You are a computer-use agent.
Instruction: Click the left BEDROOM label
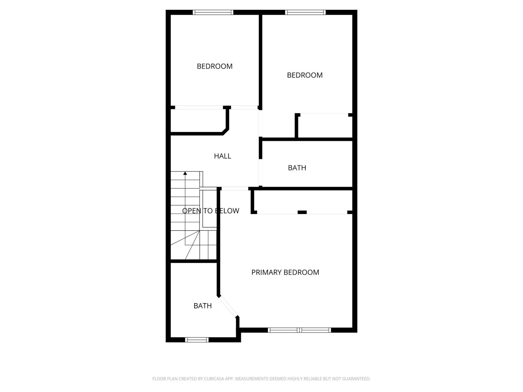coord(214,66)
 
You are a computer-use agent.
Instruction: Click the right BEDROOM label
coord(305,75)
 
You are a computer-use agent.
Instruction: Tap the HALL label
coord(222,156)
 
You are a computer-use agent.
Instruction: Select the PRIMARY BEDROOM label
coord(285,272)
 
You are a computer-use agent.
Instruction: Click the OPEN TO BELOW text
coord(211,211)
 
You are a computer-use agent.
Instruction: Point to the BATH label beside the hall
coord(297,168)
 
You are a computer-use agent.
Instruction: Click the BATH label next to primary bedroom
coord(203,306)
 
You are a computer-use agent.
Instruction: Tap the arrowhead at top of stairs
coord(185,173)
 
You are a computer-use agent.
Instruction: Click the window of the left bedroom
coord(213,12)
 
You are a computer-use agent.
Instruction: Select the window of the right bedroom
coord(305,12)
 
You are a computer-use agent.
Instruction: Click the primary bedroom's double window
coord(299,330)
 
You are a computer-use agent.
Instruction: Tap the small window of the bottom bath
coord(197,340)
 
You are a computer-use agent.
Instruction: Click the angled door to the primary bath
coord(228,306)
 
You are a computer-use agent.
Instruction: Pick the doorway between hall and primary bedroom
coord(235,188)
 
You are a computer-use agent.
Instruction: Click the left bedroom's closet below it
coord(198,121)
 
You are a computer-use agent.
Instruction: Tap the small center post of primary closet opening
coord(302,212)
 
